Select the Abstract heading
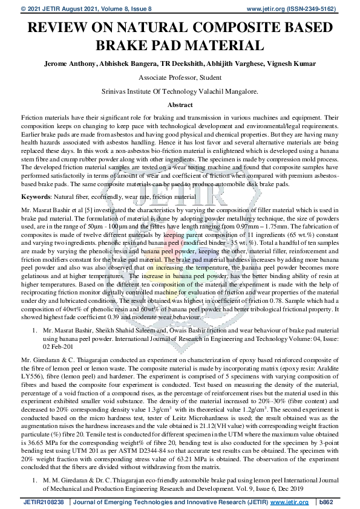click(x=180, y=105)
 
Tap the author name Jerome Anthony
click(x=67, y=63)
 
